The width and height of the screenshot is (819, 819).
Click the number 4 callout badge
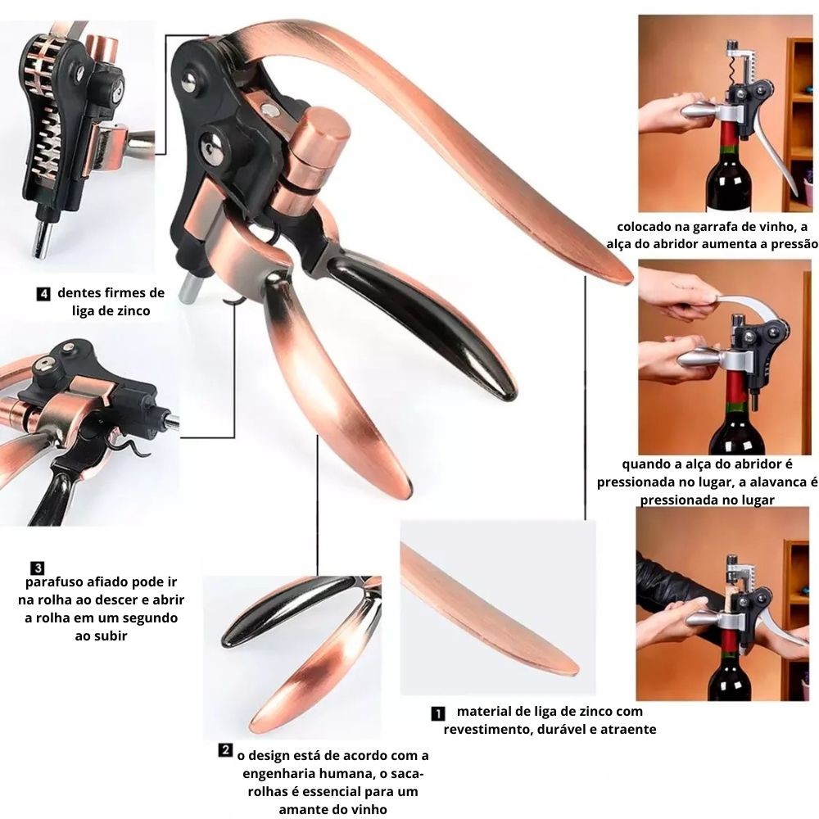click(x=44, y=294)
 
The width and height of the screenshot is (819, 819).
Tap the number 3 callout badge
click(x=38, y=568)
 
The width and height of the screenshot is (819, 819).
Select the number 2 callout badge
click(x=225, y=750)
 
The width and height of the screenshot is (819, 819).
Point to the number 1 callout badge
click(x=438, y=713)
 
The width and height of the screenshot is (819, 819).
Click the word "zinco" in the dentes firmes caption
click(x=132, y=310)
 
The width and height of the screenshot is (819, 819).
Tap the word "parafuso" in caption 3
click(x=56, y=582)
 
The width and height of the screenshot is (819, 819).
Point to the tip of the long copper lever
click(x=631, y=278)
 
